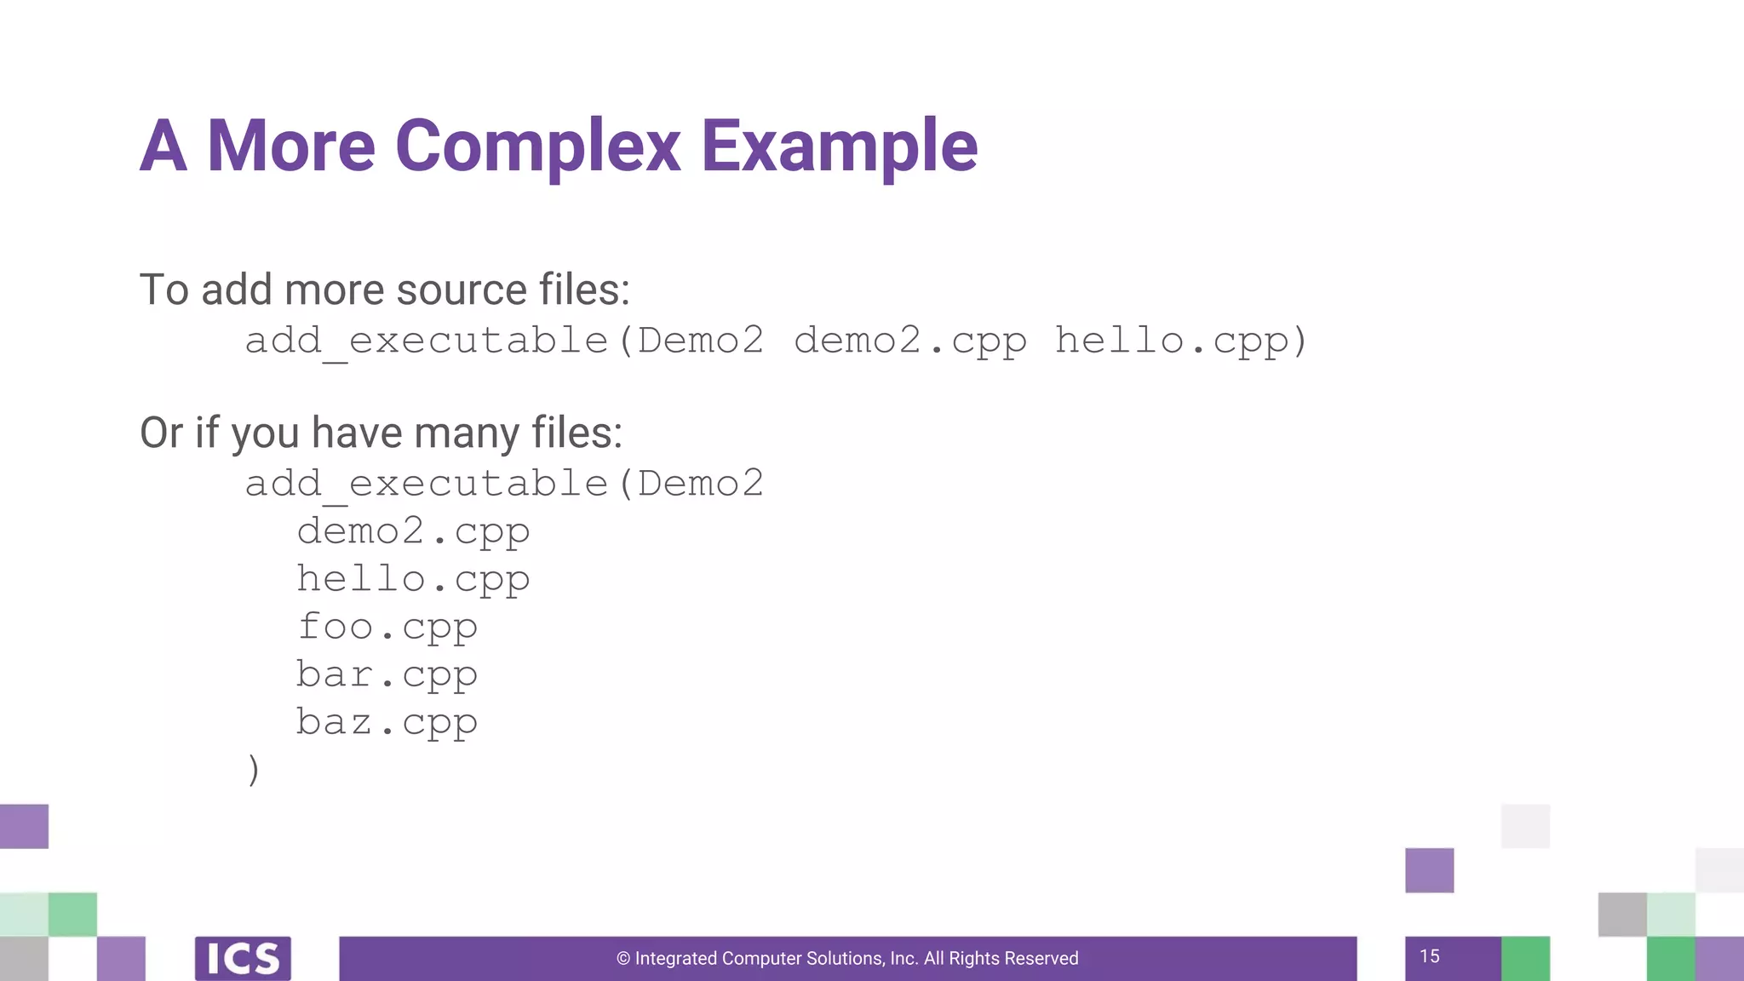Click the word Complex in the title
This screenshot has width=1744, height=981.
pos(537,146)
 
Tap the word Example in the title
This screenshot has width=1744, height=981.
pos(839,146)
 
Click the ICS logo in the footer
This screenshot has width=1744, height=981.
pos(243,958)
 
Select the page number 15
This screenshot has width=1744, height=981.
pos(1430,956)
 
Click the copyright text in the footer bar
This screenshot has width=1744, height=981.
pos(847,958)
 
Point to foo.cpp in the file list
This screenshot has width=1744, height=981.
pos(387,628)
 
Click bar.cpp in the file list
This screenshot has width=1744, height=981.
pos(387,675)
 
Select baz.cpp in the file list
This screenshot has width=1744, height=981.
pos(387,723)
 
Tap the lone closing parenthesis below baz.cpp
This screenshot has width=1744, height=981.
pos(253,770)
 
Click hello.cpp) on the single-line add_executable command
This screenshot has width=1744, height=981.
pos(1180,341)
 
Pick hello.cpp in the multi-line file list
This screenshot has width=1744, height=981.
pos(413,580)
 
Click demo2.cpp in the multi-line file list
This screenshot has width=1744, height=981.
pos(413,532)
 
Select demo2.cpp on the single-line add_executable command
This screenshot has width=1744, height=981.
pos(909,341)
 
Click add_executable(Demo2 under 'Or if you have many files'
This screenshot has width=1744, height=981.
pos(504,484)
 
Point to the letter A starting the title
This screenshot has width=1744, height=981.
pos(163,146)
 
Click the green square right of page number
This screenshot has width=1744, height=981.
pos(1525,958)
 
